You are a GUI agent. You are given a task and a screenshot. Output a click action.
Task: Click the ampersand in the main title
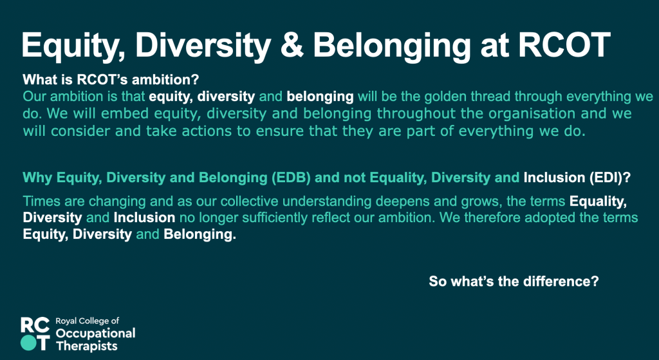click(292, 44)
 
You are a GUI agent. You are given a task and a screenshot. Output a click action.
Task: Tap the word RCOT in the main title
click(564, 44)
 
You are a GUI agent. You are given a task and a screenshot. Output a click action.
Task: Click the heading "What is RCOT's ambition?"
click(111, 79)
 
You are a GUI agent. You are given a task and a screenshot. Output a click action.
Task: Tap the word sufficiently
click(286, 218)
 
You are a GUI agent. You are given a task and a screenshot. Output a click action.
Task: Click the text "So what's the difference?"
click(514, 281)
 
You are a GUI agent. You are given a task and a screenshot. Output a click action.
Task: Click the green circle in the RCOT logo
click(28, 343)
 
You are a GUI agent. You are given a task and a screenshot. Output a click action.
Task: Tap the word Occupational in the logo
click(95, 334)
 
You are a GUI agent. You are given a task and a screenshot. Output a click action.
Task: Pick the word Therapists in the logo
click(87, 346)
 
